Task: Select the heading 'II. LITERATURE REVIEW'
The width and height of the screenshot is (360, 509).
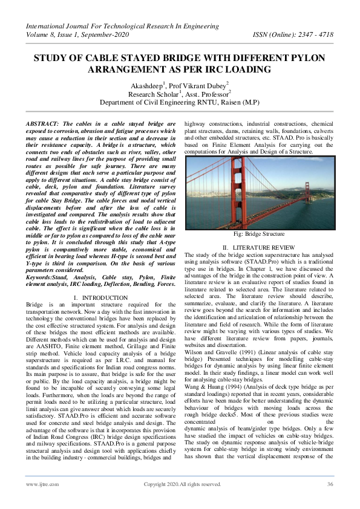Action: (258, 248)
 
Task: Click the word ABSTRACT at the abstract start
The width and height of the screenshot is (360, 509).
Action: (42, 123)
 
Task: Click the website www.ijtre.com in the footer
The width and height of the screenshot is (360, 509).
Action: (38, 484)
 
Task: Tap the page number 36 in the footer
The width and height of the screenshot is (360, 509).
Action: (330, 484)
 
